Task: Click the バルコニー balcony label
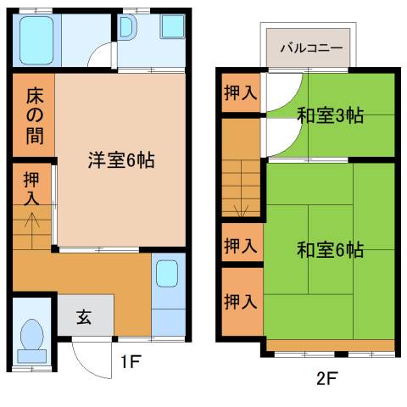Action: click(x=311, y=47)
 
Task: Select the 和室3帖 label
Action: click(x=330, y=116)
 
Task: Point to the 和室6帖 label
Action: click(x=330, y=250)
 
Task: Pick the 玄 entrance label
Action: click(x=84, y=318)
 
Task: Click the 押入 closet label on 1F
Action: click(x=31, y=189)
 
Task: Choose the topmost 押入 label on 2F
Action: click(x=240, y=92)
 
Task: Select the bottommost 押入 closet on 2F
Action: click(x=240, y=300)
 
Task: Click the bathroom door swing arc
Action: click(x=103, y=56)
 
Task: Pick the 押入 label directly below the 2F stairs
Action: click(x=240, y=246)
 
